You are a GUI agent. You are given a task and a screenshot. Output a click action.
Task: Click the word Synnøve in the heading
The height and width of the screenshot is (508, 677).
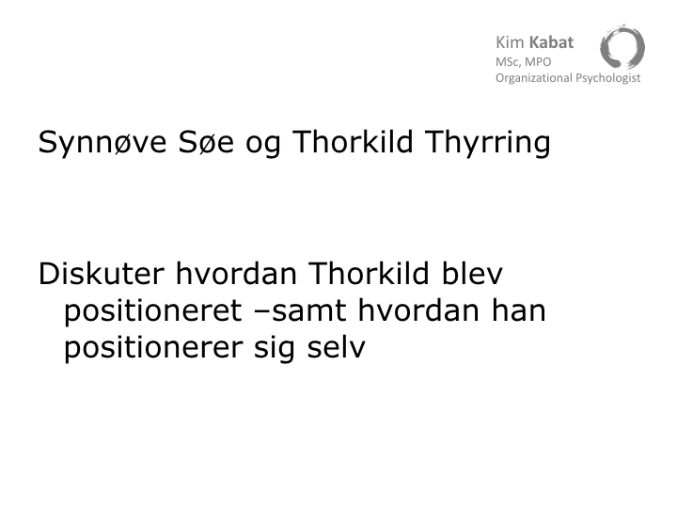point(102,143)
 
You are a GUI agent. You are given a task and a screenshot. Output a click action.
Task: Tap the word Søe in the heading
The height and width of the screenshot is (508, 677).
point(206,142)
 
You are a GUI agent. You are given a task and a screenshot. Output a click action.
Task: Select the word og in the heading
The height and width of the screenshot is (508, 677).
point(263,146)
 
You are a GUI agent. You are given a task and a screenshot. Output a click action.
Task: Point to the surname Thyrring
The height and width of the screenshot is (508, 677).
point(488,143)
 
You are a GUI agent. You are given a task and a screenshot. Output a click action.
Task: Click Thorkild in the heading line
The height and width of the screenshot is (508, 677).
point(353,141)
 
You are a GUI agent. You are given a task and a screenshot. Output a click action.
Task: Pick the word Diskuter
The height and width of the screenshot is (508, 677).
point(102,274)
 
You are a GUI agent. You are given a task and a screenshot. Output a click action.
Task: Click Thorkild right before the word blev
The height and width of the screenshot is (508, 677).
point(370,273)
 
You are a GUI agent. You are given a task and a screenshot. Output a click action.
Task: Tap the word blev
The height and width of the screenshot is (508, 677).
point(472,273)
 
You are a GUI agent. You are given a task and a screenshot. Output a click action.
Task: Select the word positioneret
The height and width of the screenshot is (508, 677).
point(153,312)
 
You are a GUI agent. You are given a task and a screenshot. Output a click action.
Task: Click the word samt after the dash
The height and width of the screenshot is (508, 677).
point(309,311)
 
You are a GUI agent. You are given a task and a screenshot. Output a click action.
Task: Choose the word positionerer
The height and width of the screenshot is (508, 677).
point(153,349)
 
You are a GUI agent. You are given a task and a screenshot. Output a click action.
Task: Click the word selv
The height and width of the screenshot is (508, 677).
point(337,347)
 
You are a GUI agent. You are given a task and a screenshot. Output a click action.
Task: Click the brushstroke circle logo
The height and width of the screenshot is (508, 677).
point(622,47)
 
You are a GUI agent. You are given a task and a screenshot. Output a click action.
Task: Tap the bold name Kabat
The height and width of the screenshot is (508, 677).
point(551,42)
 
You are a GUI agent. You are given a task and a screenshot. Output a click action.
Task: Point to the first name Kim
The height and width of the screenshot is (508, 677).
point(510,42)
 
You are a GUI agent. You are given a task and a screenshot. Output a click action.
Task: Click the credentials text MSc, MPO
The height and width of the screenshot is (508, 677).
point(524,62)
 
